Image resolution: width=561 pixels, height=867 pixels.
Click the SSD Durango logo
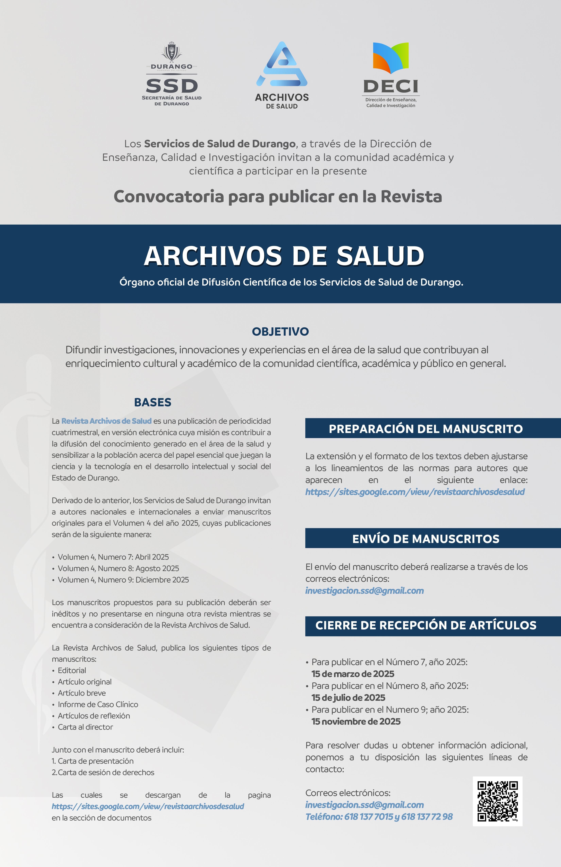click(x=172, y=75)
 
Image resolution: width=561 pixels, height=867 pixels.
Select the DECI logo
click(x=390, y=75)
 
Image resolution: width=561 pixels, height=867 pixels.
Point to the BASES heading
click(x=153, y=402)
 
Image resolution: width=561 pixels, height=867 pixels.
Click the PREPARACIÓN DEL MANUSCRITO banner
click(x=426, y=429)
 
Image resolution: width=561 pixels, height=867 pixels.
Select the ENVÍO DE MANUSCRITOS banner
click(x=426, y=539)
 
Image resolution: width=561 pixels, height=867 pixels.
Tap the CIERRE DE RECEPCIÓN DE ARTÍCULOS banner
click(x=426, y=625)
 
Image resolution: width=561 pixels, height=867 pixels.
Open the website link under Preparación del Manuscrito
click(x=415, y=492)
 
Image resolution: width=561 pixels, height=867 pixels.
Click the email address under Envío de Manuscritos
click(x=364, y=591)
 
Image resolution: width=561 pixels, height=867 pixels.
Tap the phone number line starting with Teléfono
click(x=379, y=817)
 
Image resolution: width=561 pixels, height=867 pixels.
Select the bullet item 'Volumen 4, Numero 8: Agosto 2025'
click(x=118, y=568)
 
